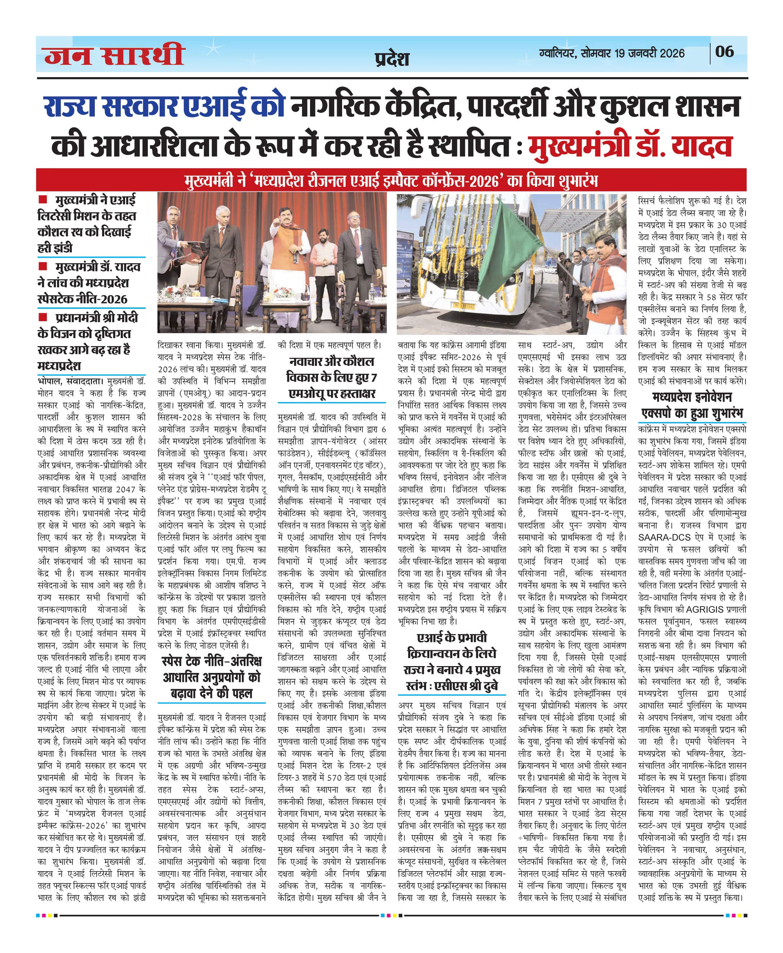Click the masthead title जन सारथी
point(115,56)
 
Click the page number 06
point(724,52)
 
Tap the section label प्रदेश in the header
point(391,59)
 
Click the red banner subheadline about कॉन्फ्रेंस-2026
point(391,181)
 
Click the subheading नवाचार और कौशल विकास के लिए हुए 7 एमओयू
point(332,377)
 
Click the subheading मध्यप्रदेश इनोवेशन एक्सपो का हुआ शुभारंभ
point(692,405)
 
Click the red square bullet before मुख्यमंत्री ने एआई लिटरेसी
point(43,199)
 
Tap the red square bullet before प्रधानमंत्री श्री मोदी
point(43,317)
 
